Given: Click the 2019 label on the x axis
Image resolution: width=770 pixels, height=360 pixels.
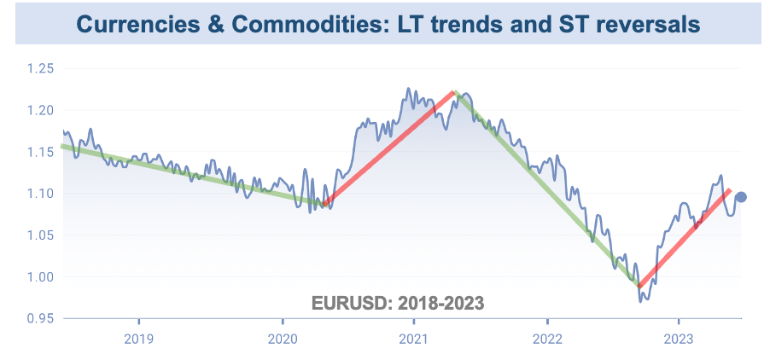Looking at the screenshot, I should point(138,337).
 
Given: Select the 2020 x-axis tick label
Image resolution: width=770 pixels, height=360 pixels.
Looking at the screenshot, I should point(283,337).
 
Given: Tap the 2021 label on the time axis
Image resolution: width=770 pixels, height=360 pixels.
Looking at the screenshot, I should point(414,337).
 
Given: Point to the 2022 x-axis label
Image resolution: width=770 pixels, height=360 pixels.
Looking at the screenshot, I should point(546,337).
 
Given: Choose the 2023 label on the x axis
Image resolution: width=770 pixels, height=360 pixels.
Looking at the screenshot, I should point(678,337).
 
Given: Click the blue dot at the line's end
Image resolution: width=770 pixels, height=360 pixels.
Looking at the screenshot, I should point(741,197).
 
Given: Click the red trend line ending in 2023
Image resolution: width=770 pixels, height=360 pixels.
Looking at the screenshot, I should point(683,238).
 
